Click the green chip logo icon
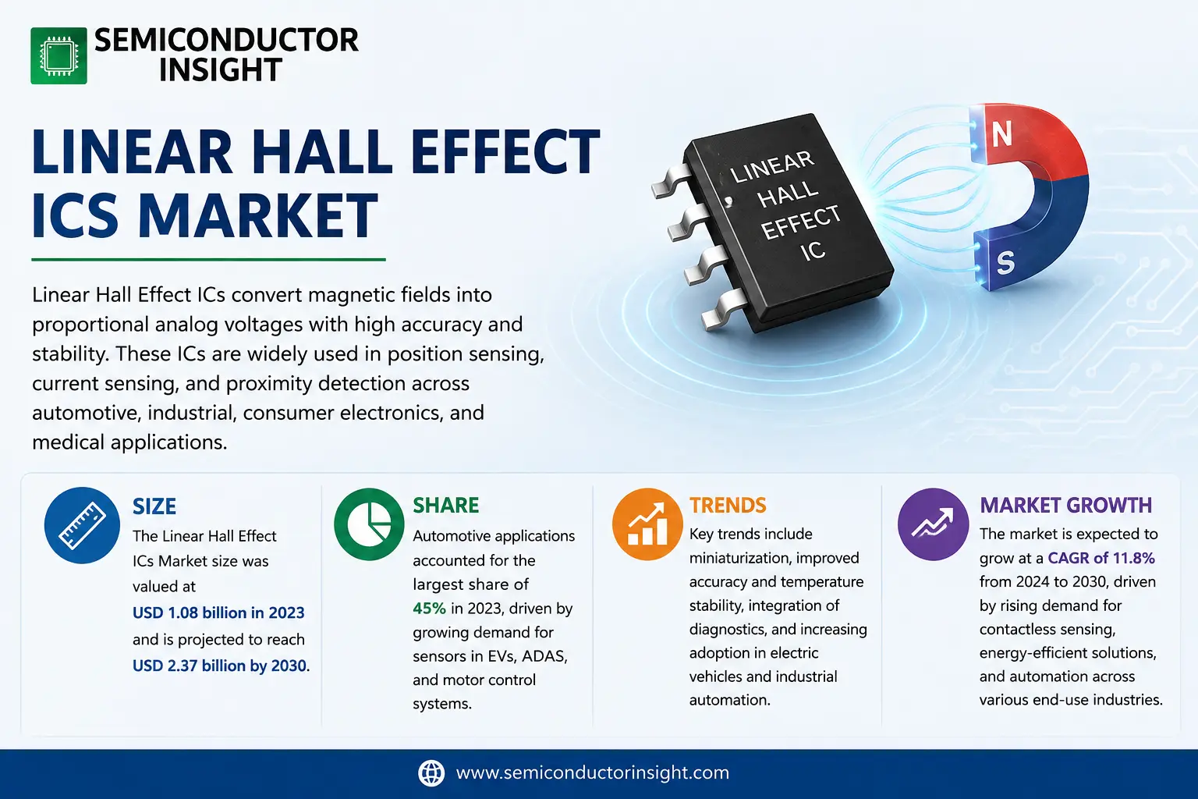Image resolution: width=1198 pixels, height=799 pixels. coord(58,55)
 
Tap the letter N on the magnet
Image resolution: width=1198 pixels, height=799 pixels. coord(1001,133)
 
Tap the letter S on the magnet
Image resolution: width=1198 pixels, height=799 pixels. coord(1005,263)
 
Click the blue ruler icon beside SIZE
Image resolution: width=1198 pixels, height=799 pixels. coord(82,525)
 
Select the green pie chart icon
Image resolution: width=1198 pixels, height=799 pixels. coord(369,524)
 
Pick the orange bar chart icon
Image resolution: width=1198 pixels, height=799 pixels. coord(647,524)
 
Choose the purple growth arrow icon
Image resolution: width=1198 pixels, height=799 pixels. coord(934,524)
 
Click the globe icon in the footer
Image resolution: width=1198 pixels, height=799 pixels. coord(431,772)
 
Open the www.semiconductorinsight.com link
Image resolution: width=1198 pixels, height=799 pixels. coord(593,772)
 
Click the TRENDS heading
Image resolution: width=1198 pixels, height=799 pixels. coord(728,505)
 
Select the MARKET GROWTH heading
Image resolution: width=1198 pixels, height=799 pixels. coord(1065,505)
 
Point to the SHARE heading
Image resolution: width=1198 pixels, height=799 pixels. coord(445,505)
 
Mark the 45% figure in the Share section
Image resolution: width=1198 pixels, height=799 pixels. coord(429,609)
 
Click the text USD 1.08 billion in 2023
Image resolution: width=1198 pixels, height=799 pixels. coord(218,613)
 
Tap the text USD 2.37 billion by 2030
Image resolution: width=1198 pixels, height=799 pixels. coord(220,666)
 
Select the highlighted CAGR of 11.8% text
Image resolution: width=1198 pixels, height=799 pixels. coord(1101,558)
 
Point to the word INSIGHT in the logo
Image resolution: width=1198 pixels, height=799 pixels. coord(221,69)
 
